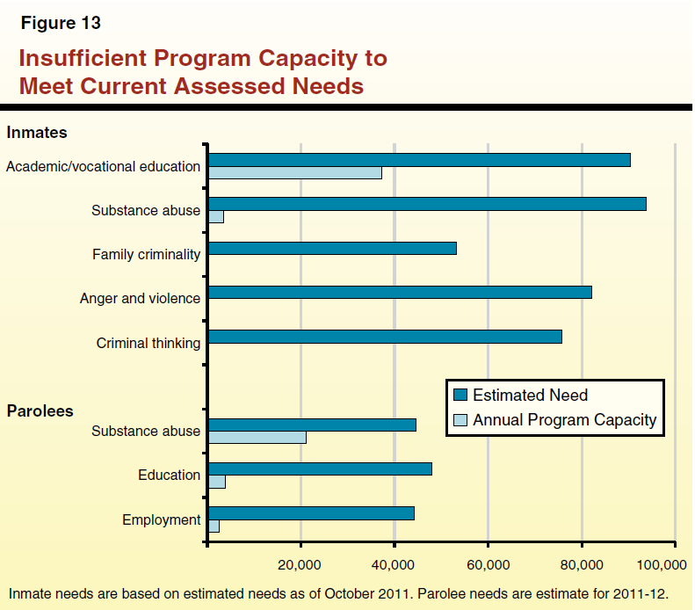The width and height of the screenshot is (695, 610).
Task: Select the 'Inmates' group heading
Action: (37, 133)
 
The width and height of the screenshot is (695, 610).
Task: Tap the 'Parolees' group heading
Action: (40, 410)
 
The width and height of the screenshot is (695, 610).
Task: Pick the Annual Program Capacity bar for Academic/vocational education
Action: (294, 173)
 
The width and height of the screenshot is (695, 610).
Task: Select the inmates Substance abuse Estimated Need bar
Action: (426, 204)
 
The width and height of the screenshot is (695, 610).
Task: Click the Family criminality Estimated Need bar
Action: (331, 248)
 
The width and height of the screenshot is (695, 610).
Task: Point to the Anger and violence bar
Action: (399, 292)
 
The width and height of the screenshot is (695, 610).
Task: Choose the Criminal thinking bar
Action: (384, 337)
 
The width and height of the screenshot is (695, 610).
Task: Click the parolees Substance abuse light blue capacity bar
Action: (257, 438)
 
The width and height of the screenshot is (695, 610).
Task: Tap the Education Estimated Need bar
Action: (319, 468)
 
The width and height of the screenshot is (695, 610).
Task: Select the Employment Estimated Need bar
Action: (310, 513)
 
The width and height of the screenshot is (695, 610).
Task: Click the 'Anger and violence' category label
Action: (140, 299)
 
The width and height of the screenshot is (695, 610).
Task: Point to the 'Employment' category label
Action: (161, 519)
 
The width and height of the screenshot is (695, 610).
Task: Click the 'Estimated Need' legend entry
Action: (529, 395)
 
